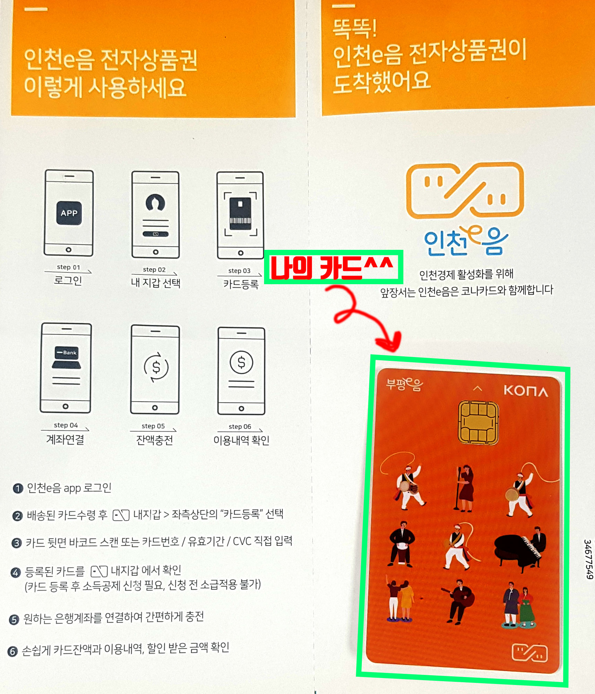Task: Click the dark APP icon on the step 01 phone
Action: click(x=69, y=213)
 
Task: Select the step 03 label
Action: click(x=239, y=271)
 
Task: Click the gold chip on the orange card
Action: click(x=478, y=422)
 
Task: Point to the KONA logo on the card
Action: click(x=526, y=391)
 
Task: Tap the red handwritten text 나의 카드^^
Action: click(x=332, y=268)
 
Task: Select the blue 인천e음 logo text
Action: click(x=466, y=241)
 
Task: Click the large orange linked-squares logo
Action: click(x=465, y=190)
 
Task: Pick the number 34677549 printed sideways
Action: click(x=588, y=559)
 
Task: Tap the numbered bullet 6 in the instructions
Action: click(x=13, y=652)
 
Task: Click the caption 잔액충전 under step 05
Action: click(x=154, y=440)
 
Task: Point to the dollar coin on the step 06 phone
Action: click(x=241, y=362)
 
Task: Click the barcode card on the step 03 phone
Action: click(x=240, y=213)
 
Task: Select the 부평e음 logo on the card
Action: click(x=404, y=384)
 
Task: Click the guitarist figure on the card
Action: click(x=458, y=601)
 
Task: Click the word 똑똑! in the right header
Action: click(x=354, y=28)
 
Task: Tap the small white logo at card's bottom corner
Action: click(x=530, y=653)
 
